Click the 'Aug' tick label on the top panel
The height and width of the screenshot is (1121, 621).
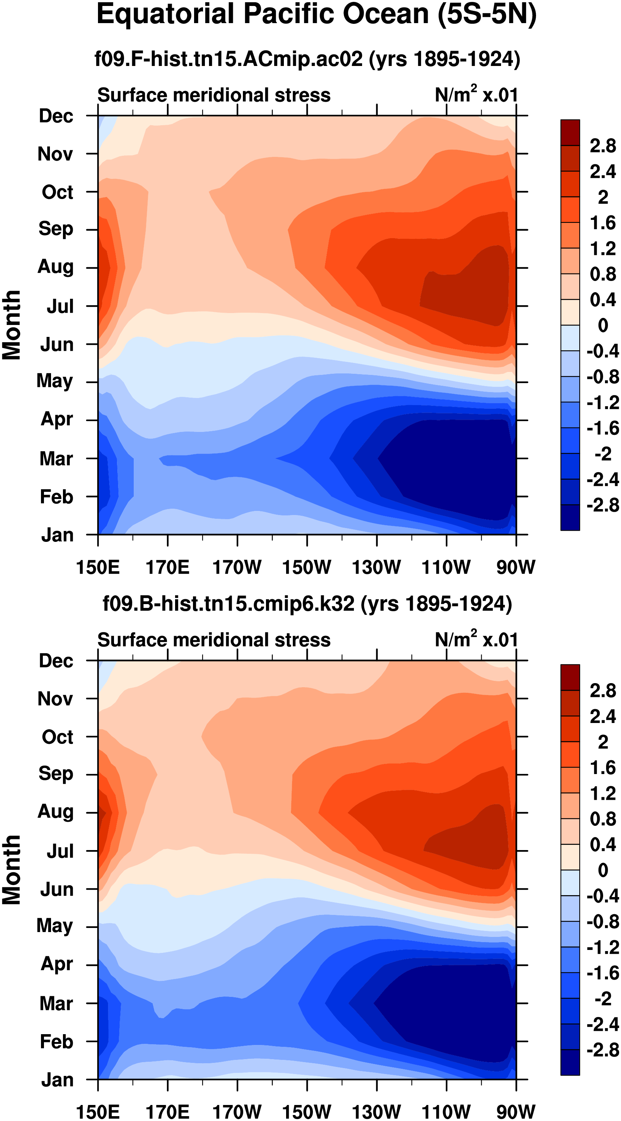pos(56,267)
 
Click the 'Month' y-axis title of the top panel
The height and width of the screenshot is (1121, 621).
pos(12,325)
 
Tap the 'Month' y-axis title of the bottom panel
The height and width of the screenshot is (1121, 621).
pos(12,870)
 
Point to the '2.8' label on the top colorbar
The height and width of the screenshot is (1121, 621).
pos(603,146)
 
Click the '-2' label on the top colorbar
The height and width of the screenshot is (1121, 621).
pos(603,454)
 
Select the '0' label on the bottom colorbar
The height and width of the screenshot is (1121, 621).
pos(603,870)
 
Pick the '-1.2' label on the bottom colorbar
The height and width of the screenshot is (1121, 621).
pos(603,947)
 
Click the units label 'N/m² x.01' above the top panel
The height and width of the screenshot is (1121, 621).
pos(476,94)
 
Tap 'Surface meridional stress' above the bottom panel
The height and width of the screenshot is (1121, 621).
pos(214,640)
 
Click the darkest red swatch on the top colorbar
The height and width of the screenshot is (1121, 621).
pos(570,132)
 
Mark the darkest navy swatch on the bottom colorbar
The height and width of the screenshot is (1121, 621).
pos(570,1062)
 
